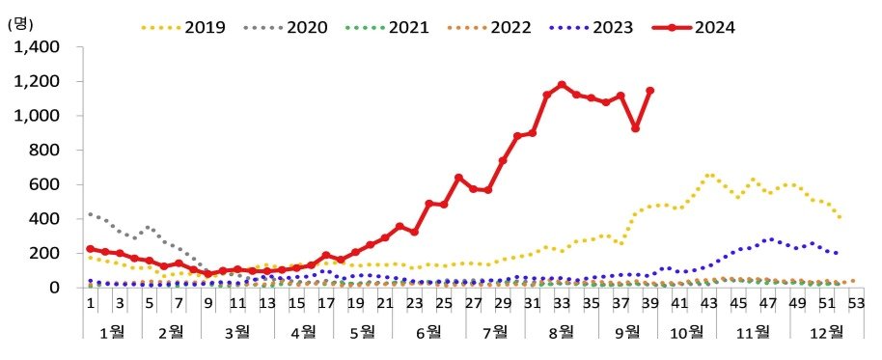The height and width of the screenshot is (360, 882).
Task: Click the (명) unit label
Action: click(x=21, y=24)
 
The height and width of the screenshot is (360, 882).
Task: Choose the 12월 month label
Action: click(x=823, y=333)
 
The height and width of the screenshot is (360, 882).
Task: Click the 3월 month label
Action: click(x=236, y=333)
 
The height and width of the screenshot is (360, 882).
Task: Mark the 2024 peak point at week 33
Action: click(x=562, y=85)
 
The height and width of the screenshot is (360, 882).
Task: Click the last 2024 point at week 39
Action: click(x=650, y=91)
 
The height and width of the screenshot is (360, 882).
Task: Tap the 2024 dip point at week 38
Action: click(x=636, y=128)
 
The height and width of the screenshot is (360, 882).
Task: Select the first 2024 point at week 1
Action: click(x=90, y=248)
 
